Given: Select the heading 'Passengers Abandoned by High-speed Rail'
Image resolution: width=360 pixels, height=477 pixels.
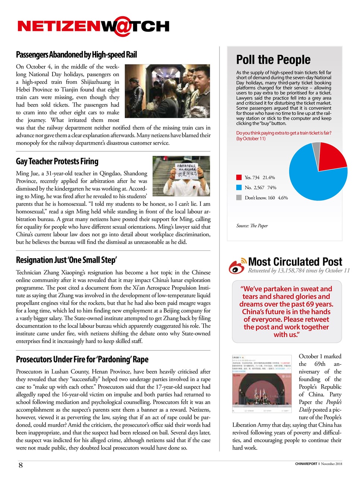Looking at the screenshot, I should click(x=76, y=55).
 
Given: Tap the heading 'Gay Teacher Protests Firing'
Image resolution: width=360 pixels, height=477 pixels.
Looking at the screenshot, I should click(x=57, y=161).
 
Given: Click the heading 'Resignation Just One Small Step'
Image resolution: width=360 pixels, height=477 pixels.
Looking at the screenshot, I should click(x=66, y=260).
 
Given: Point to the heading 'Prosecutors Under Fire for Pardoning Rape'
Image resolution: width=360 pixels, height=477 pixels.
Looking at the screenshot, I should click(x=82, y=359).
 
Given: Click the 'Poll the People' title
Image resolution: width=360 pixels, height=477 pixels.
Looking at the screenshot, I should click(x=273, y=60).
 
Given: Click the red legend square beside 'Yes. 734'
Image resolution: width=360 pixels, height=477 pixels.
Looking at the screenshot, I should click(x=239, y=177).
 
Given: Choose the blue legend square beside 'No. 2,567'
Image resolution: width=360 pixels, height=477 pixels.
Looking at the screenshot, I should click(x=239, y=187).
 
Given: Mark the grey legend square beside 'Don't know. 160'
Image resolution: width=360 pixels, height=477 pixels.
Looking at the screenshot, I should click(x=239, y=198).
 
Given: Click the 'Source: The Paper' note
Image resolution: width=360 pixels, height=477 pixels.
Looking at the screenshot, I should click(x=252, y=226).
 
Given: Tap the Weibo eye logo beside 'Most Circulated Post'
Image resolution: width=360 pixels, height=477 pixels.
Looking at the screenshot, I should click(x=237, y=265).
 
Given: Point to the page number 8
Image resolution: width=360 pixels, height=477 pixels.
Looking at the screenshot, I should click(x=20, y=465).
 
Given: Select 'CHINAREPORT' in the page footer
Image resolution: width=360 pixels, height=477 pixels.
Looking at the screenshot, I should click(x=306, y=464).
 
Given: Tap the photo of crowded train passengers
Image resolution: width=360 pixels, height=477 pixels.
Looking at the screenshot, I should click(x=167, y=91).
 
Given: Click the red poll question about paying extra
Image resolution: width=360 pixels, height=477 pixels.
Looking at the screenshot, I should click(x=284, y=136).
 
